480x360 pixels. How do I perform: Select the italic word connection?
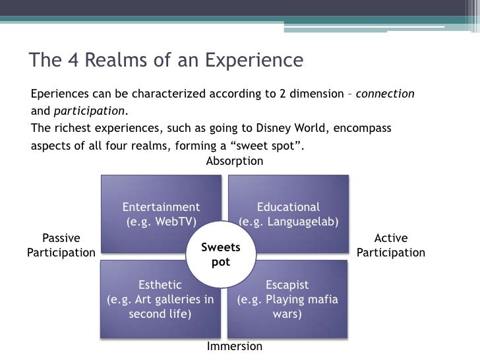385,94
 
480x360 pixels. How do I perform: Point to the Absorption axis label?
235,161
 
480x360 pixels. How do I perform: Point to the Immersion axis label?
235,346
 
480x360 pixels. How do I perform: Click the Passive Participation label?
61,245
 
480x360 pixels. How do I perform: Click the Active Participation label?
391,245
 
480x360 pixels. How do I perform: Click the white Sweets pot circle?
220,255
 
